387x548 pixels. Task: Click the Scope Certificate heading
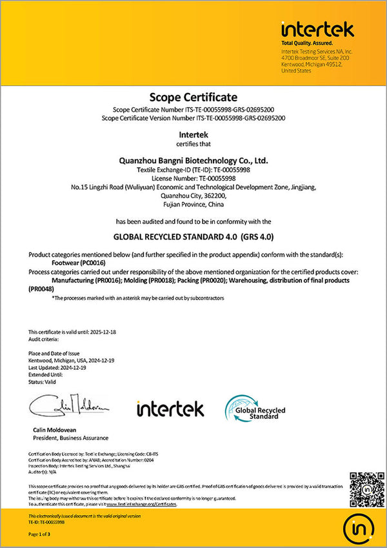tap(193, 97)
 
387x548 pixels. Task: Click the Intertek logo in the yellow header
tap(317, 29)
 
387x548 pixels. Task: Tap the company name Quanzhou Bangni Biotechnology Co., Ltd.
tap(193, 159)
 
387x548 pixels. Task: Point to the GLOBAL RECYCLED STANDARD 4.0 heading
tap(193, 236)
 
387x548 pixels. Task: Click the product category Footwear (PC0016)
tap(77, 263)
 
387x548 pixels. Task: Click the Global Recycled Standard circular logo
tap(255, 409)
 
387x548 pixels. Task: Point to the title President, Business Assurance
tap(70, 438)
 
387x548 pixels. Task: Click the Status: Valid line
tap(43, 381)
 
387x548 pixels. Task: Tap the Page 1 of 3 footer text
tap(41, 535)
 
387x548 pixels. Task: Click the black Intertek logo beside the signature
tap(170, 409)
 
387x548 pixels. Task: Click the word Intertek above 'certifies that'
tap(193, 134)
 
